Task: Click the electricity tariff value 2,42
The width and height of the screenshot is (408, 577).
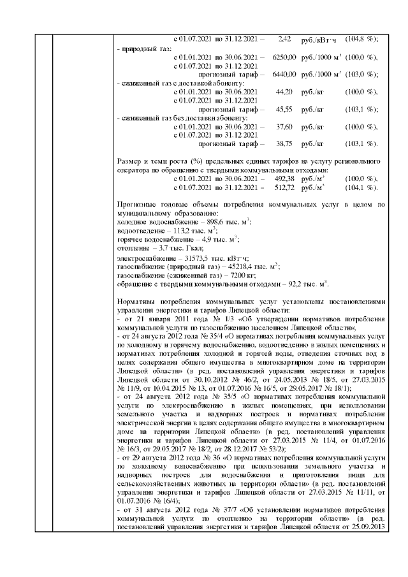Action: pyautogui.click(x=285, y=39)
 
